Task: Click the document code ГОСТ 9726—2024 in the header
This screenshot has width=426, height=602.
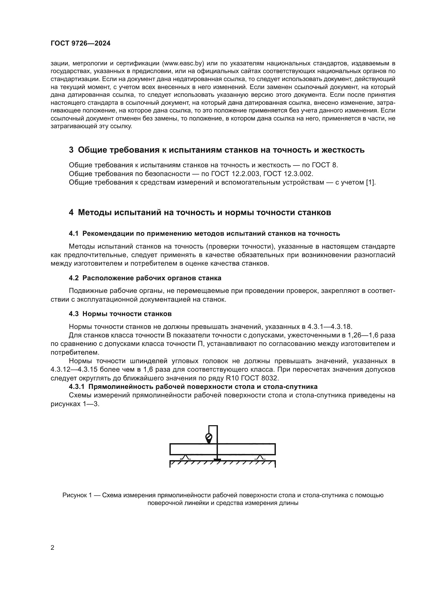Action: (80, 43)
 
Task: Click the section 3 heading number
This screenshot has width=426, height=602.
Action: (71, 150)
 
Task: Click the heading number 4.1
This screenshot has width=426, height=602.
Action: (73, 234)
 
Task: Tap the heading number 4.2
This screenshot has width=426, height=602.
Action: (73, 278)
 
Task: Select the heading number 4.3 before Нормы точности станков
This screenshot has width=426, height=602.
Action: (73, 314)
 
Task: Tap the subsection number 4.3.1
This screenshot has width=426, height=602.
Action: (77, 387)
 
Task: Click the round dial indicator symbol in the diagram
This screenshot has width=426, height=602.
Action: (209, 437)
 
